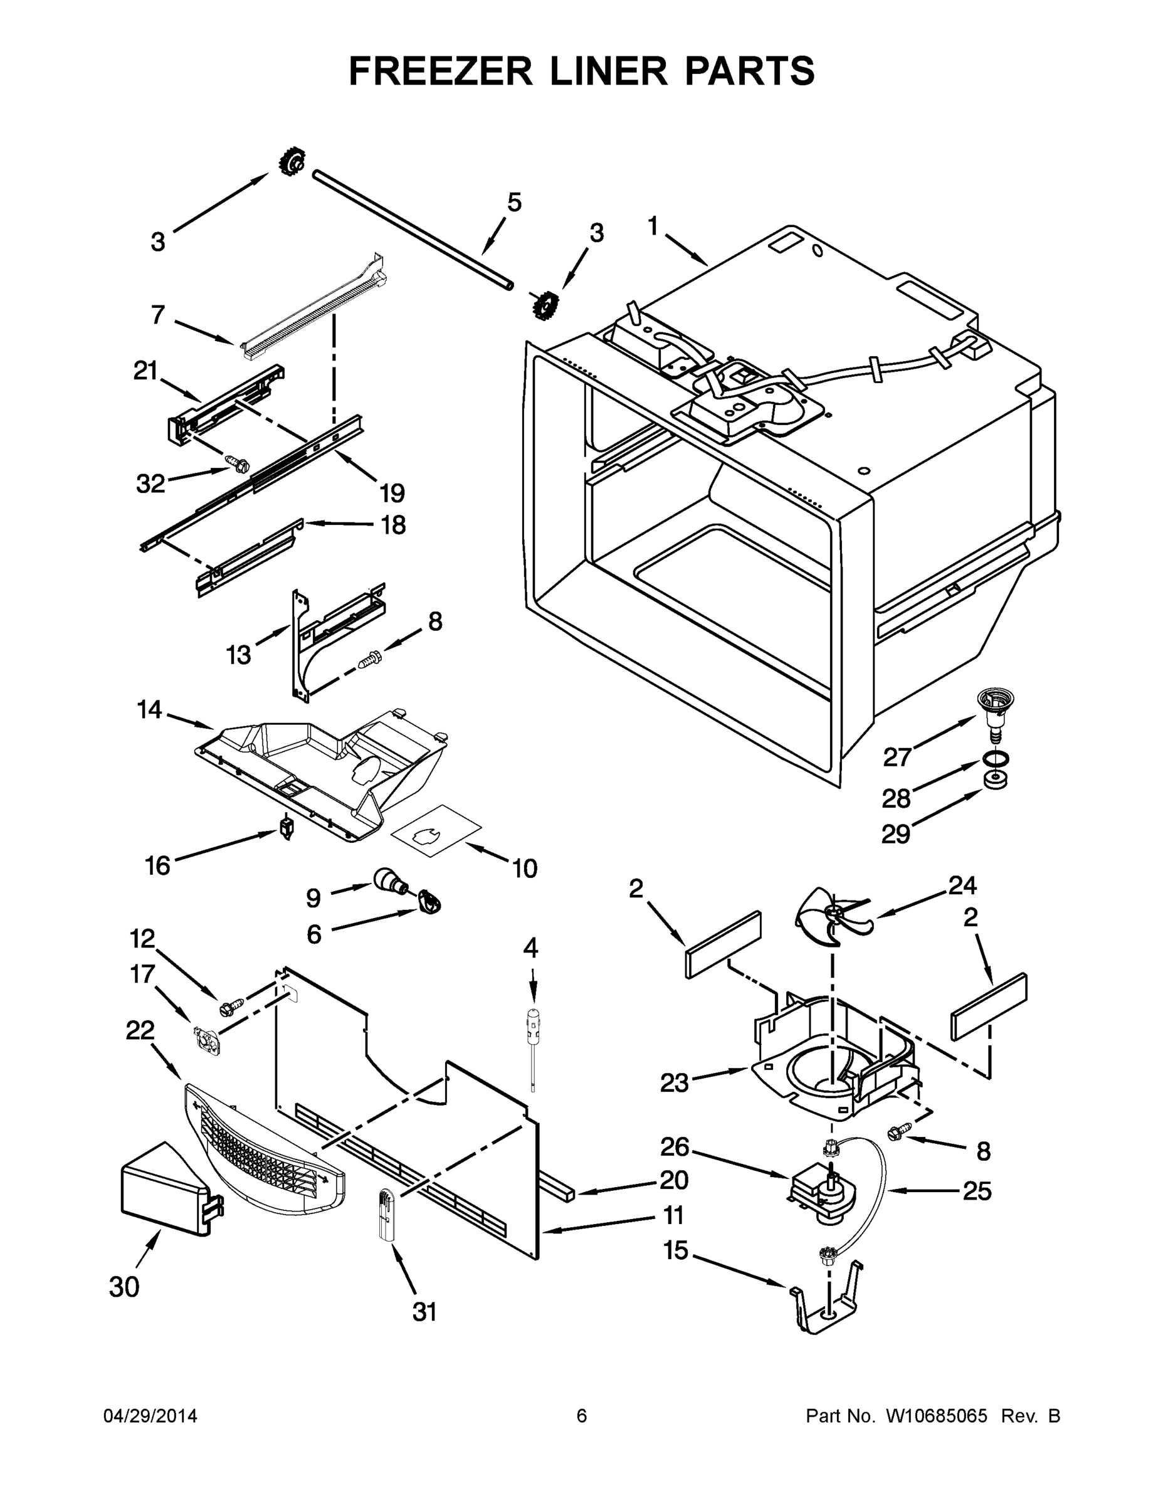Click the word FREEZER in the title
coord(440,71)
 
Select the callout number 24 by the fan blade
coord(962,885)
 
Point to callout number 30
coord(124,1287)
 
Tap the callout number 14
coord(149,709)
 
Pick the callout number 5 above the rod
coord(514,203)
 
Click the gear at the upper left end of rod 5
coord(292,163)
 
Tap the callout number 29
coord(896,835)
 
